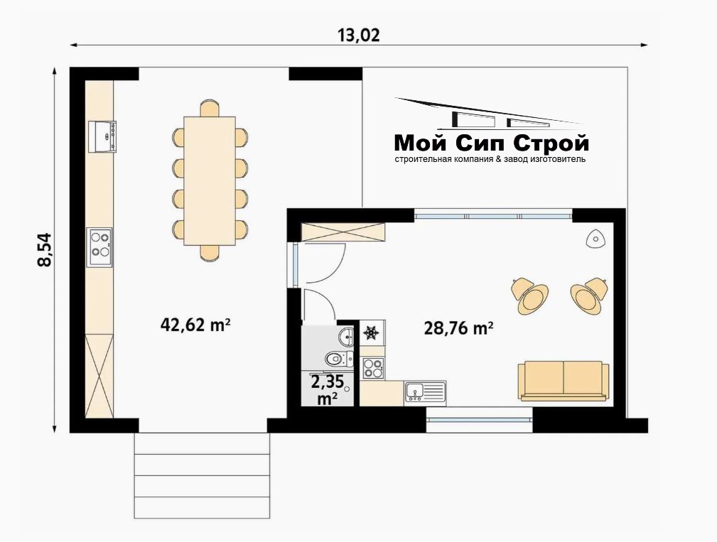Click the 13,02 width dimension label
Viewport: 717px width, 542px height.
coord(359,36)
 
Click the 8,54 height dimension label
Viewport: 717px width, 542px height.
coord(45,249)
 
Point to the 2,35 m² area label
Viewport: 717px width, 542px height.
coord(328,390)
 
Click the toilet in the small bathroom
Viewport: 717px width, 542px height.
coord(339,359)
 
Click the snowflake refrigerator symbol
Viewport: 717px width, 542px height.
coord(372,332)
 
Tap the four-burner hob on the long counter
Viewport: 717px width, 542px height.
coord(99,247)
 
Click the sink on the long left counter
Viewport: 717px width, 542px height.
coord(102,136)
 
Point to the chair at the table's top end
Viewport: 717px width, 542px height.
coord(210,108)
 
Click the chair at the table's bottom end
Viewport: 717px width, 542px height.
coord(210,253)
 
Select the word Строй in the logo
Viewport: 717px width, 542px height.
coord(551,144)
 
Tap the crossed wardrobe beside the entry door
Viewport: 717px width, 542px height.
coord(343,232)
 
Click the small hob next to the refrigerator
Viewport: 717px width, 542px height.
coord(372,369)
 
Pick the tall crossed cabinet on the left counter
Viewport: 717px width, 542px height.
coord(99,376)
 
